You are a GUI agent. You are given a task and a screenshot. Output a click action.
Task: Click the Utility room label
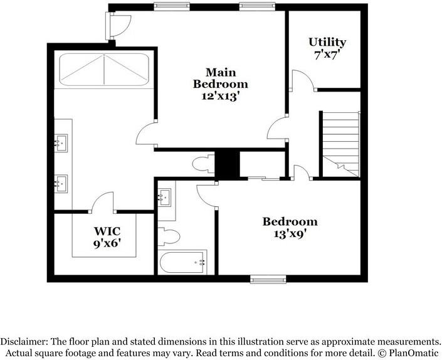pyautogui.click(x=327, y=42)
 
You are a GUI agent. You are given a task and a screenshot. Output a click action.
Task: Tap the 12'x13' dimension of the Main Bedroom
pyautogui.click(x=221, y=96)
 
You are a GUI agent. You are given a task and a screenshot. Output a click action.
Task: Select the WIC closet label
pyautogui.click(x=107, y=231)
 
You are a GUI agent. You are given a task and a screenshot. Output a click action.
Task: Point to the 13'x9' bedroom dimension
pyautogui.click(x=290, y=234)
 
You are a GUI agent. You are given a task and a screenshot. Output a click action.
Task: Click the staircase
pyautogui.click(x=341, y=144)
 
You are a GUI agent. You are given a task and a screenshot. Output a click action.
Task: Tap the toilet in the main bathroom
pyautogui.click(x=204, y=164)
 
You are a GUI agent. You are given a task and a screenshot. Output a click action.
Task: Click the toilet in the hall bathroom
pyautogui.click(x=169, y=236)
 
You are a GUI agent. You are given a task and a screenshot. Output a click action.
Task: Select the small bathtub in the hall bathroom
pyautogui.click(x=182, y=262)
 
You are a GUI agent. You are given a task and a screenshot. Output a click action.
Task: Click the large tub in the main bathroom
pyautogui.click(x=104, y=70)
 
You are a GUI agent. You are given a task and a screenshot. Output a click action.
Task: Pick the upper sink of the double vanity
pyautogui.click(x=61, y=143)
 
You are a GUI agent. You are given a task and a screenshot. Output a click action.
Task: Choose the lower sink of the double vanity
pyautogui.click(x=61, y=184)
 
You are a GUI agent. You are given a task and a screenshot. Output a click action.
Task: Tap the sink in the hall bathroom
pyautogui.click(x=164, y=198)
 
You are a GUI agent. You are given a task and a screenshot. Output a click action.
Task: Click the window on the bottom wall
pyautogui.click(x=268, y=279)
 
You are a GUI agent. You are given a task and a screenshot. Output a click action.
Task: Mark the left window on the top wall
pyautogui.click(x=172, y=6)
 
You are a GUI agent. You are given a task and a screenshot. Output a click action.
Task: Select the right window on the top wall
pyautogui.click(x=257, y=6)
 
